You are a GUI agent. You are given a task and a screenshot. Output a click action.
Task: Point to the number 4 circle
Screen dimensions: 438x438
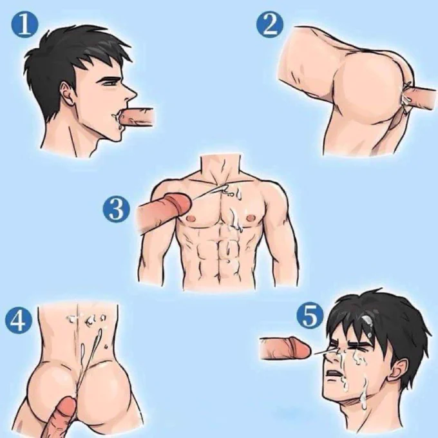click(x=19, y=319)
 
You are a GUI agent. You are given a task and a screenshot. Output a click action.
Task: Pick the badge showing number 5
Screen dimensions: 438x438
click(x=310, y=316)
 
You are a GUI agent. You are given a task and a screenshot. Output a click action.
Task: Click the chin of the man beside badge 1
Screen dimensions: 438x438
click(x=117, y=137)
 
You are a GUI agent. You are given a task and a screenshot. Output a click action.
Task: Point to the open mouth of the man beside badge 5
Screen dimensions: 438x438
click(x=333, y=374)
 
